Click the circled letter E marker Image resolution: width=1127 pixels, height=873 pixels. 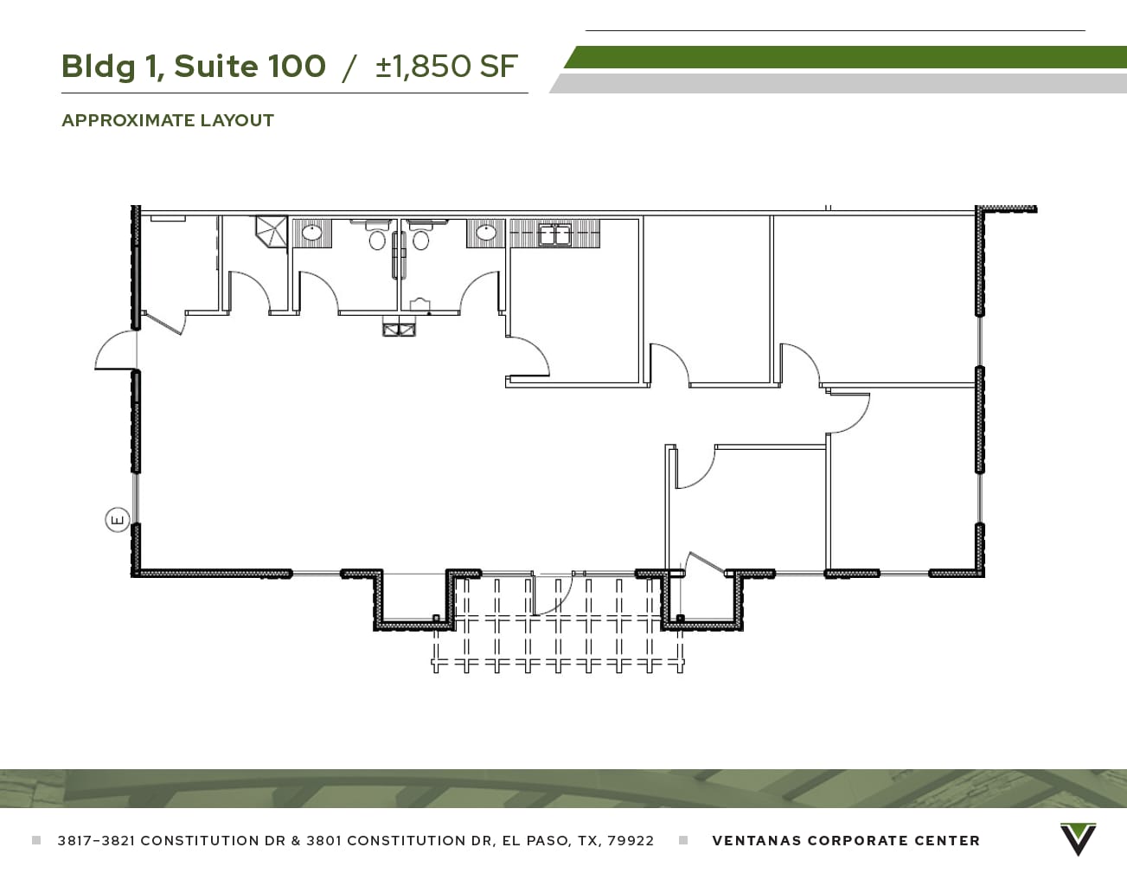point(117,520)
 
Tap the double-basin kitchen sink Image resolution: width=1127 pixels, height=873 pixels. point(554,234)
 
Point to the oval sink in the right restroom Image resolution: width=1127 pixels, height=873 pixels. point(486,233)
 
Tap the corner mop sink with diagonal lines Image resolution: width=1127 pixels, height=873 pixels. point(270,232)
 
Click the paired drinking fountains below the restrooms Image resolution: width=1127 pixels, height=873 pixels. point(400,328)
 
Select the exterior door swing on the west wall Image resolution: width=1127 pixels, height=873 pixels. point(115,351)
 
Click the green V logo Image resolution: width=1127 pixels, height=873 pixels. point(1078,839)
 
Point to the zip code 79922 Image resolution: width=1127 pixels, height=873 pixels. point(631,840)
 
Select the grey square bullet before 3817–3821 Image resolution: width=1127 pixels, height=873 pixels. point(36,840)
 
